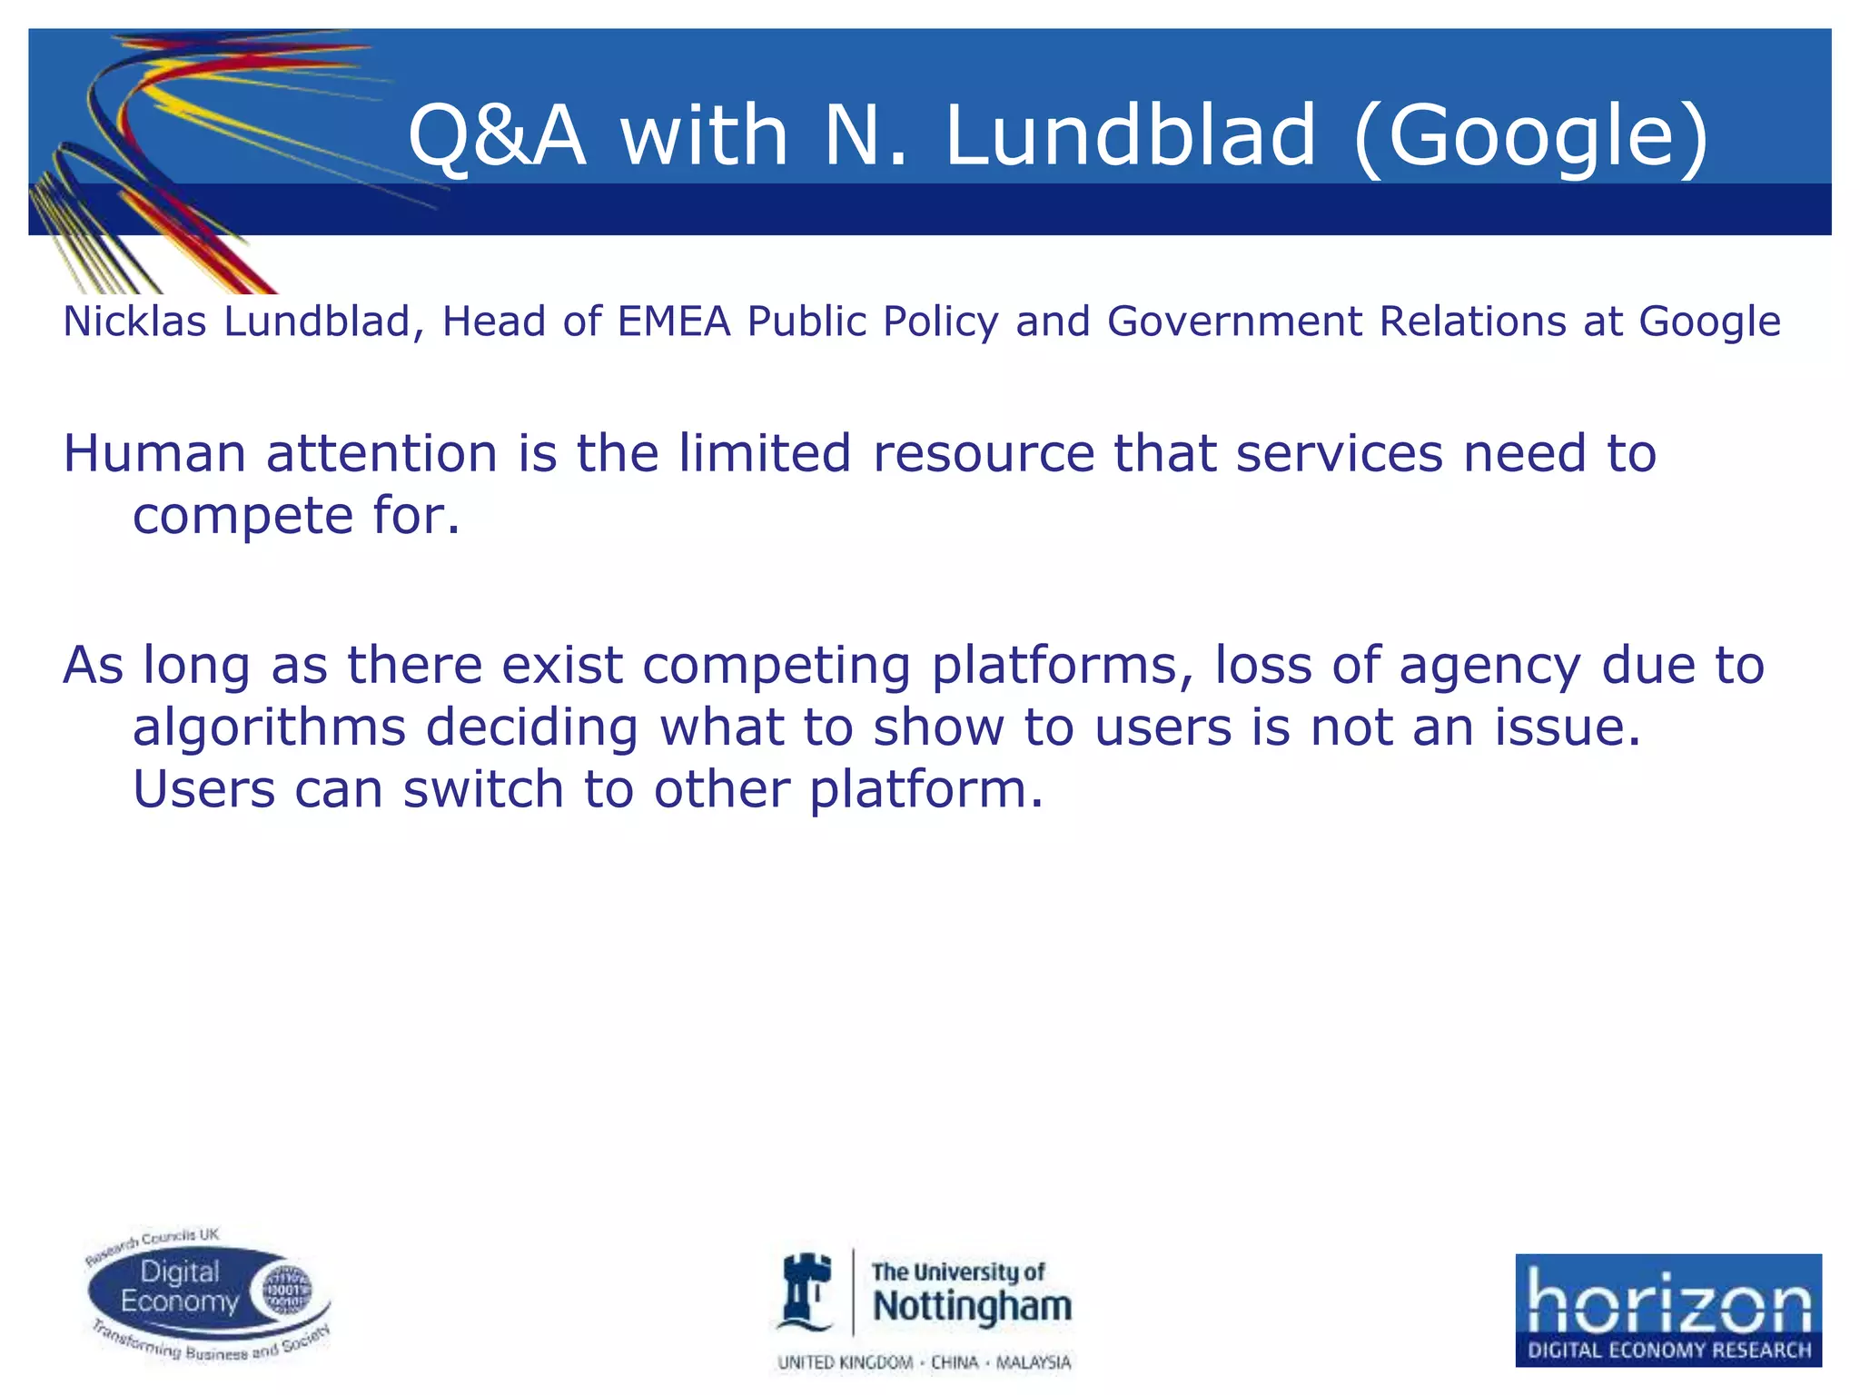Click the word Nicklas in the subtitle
(x=135, y=322)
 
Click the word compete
(x=242, y=517)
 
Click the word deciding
(x=532, y=727)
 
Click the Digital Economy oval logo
(x=209, y=1296)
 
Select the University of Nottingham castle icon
(x=807, y=1291)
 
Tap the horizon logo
(x=1667, y=1310)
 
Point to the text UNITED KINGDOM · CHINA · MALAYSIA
(x=924, y=1362)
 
